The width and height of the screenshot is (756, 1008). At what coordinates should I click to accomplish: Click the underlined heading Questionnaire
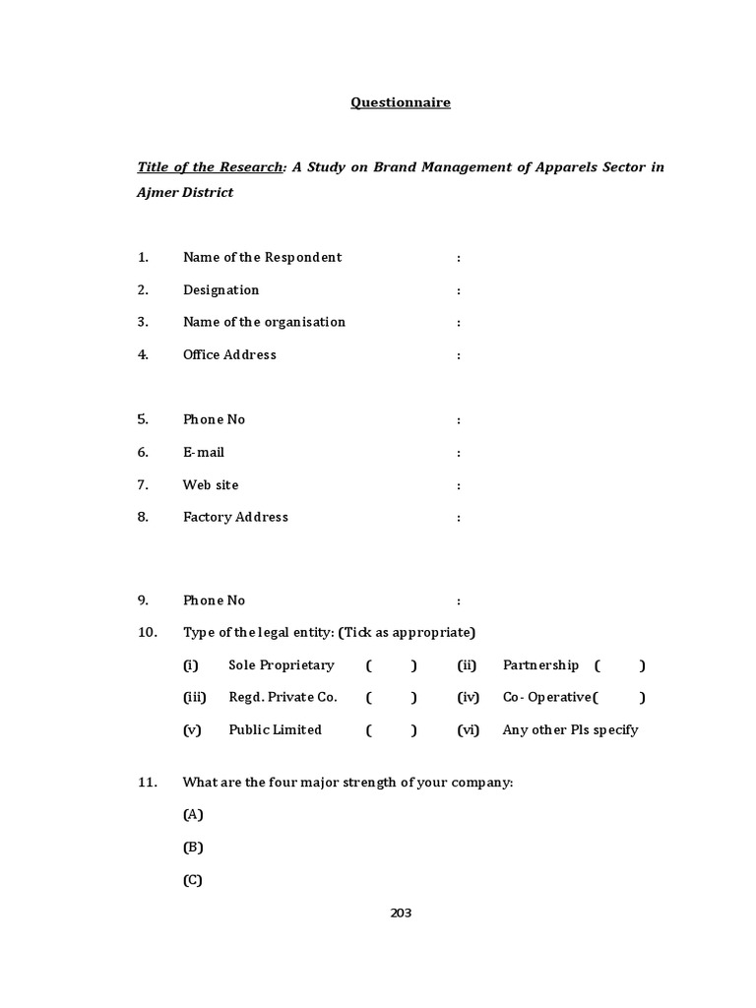point(401,102)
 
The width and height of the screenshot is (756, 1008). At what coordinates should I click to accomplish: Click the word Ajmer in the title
point(156,193)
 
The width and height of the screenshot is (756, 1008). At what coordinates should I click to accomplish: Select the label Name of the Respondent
point(262,258)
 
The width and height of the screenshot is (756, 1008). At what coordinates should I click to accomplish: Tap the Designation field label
point(220,290)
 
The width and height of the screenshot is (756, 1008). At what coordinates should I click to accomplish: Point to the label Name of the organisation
point(264,322)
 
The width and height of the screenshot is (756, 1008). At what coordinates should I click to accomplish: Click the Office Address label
point(229,354)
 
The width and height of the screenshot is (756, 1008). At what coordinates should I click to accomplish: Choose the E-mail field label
point(204,452)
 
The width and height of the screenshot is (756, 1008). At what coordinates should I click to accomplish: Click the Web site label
point(211,484)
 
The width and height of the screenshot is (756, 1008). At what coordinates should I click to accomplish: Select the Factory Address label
point(235,517)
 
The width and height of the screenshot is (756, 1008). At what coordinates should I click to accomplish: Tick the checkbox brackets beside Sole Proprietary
point(391,665)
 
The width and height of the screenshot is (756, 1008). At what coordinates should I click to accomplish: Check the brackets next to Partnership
point(620,665)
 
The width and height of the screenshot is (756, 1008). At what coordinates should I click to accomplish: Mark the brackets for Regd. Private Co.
point(391,698)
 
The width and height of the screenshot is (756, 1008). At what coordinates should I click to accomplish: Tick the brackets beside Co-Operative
point(620,698)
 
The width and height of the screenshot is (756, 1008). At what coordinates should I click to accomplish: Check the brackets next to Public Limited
point(391,730)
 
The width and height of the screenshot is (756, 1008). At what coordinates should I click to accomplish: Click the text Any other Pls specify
point(570,730)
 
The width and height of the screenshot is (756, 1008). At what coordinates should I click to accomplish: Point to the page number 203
point(401,913)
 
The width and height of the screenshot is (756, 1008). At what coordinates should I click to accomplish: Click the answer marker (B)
point(193,848)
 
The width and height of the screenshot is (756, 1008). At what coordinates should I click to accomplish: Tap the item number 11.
point(148,783)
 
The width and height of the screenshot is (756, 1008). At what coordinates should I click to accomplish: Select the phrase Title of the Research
point(210,167)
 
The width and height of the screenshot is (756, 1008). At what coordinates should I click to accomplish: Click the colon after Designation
point(459,290)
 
